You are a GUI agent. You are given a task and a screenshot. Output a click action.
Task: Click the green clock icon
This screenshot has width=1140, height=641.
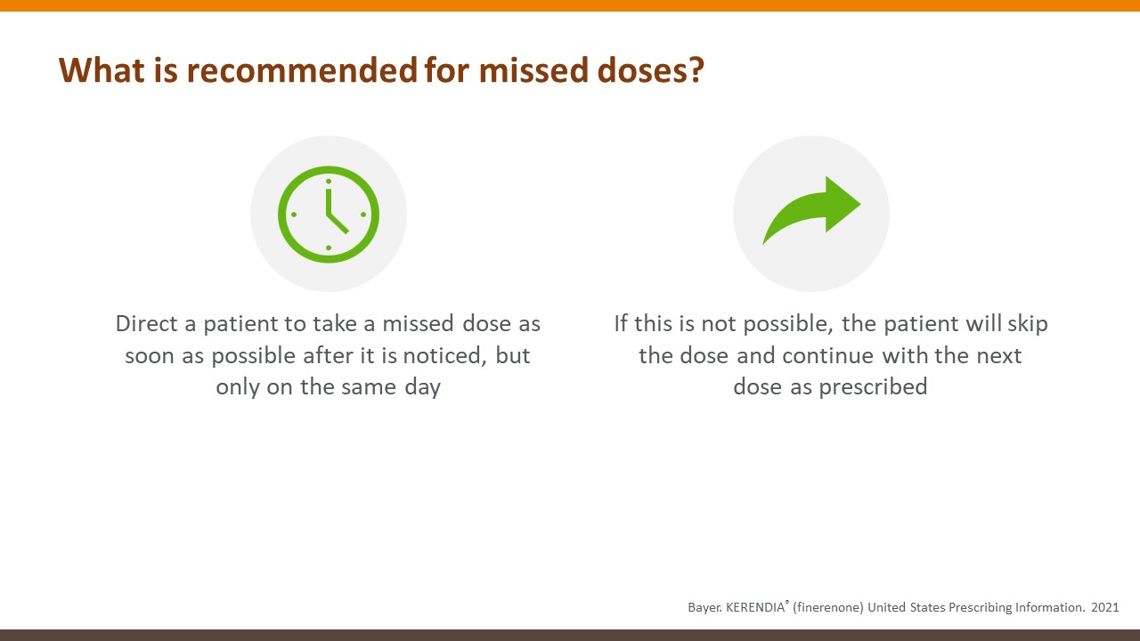(329, 215)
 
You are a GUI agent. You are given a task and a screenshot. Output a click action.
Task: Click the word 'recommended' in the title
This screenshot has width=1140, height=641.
(302, 69)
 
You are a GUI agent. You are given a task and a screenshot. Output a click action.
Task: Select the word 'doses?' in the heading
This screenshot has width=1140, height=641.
(650, 69)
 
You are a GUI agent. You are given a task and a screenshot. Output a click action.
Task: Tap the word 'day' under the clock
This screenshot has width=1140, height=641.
(422, 387)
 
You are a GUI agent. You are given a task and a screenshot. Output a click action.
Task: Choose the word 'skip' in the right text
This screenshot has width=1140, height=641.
(1028, 324)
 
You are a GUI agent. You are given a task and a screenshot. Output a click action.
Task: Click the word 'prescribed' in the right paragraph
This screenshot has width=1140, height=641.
(874, 387)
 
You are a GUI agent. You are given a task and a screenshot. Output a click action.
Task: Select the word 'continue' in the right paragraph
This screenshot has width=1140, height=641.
(828, 355)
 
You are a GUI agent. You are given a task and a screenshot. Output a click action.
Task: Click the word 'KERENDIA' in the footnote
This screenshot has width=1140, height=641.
(755, 607)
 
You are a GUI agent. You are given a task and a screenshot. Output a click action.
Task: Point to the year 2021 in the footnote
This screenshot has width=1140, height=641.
(1105, 607)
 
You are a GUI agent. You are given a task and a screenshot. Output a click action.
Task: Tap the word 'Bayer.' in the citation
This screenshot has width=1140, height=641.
(704, 607)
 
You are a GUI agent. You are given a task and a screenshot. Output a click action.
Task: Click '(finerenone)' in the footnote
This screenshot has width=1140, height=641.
(828, 607)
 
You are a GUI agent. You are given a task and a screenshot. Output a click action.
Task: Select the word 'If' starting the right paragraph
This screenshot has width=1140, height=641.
(621, 323)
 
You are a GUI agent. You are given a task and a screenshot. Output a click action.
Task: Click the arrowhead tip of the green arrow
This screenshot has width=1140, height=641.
(860, 205)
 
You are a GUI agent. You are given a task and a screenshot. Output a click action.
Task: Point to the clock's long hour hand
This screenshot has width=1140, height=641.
(329, 202)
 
